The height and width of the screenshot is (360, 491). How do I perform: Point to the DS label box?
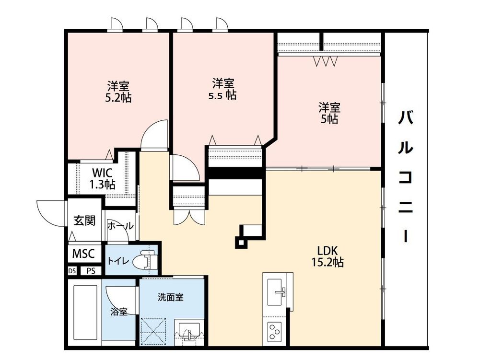[x=72, y=271]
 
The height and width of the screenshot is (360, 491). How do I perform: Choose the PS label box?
[x=91, y=271]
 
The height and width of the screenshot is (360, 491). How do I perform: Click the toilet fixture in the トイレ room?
[x=143, y=261]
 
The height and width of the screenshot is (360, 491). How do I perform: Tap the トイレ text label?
[x=117, y=261]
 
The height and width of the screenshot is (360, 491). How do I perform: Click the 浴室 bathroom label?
[x=119, y=312]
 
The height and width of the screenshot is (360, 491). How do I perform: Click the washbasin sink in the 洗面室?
[x=190, y=331]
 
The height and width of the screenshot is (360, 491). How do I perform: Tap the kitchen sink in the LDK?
[x=278, y=290]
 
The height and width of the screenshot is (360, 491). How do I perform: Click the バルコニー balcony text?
[x=406, y=177]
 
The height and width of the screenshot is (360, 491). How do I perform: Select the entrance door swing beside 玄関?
[x=50, y=211]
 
